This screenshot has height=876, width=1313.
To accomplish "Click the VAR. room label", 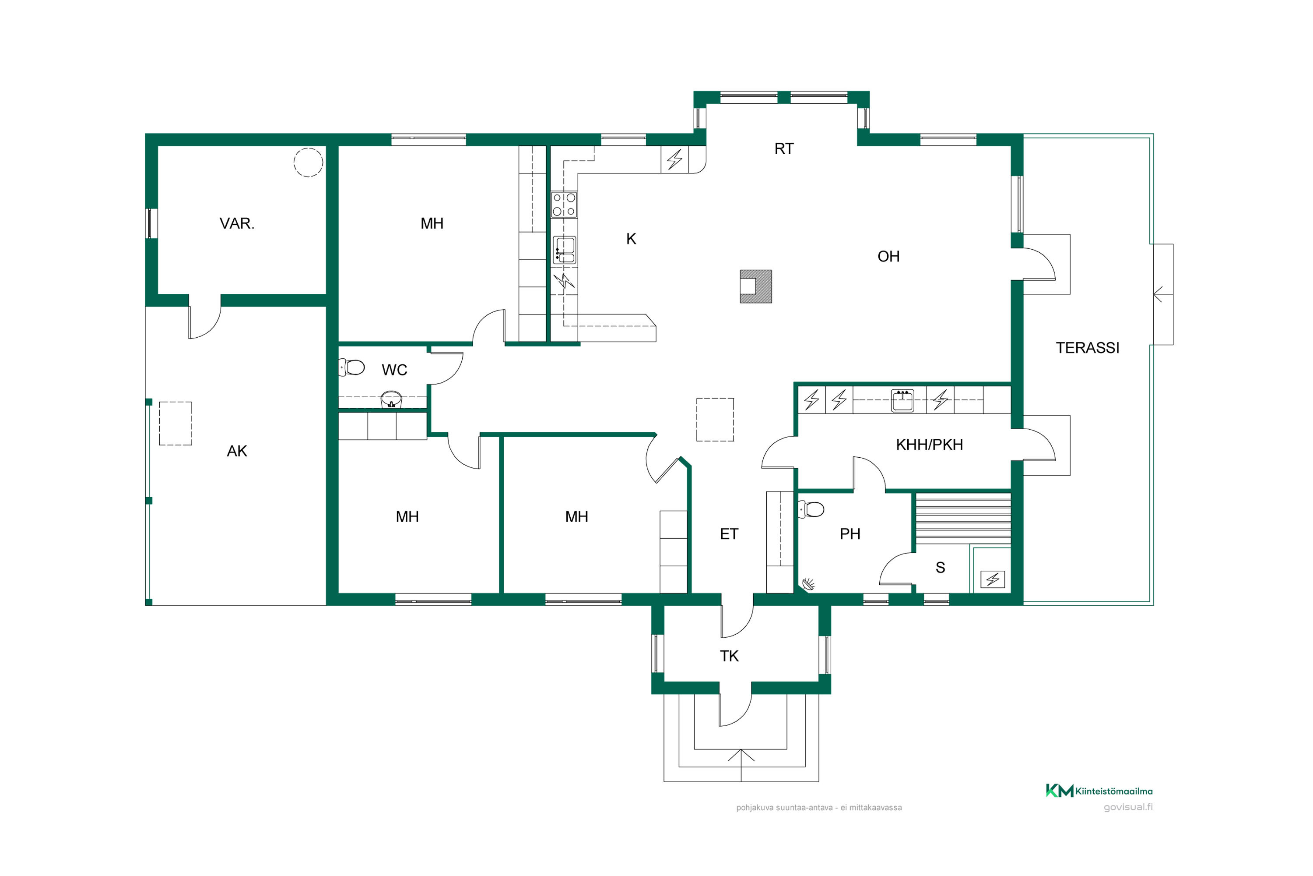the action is tap(237, 223).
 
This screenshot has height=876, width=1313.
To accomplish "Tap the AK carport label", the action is tap(237, 451).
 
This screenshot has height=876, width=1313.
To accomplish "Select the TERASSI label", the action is tap(1088, 347).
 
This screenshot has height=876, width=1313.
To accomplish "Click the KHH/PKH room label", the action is tap(930, 445).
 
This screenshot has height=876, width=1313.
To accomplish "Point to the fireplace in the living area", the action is tap(756, 286).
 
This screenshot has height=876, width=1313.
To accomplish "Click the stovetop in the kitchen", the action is tap(564, 205).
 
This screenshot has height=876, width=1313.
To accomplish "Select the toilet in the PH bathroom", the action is tap(811, 509).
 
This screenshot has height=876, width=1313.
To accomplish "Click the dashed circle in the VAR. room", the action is tap(308, 162).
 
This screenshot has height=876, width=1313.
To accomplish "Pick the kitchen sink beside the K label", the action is tap(565, 250).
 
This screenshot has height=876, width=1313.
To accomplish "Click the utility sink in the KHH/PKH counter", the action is tap(902, 400).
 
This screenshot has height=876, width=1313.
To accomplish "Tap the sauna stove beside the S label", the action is tap(993, 579).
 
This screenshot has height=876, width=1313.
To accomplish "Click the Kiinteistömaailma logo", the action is tap(1099, 791).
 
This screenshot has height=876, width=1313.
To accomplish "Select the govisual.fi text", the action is tap(1128, 807).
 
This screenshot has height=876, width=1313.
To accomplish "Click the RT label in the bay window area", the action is tap(784, 148).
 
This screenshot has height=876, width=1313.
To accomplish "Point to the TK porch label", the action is tap(729, 656).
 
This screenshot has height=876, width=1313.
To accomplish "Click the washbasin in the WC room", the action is tap(391, 399).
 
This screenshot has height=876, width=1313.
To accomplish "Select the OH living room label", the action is tap(889, 256).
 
